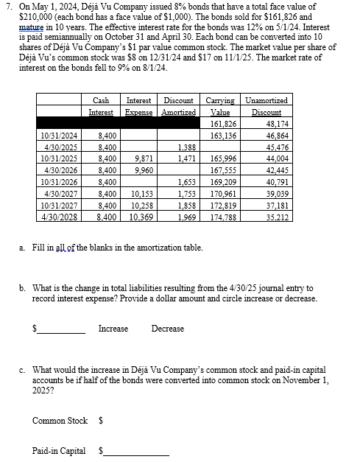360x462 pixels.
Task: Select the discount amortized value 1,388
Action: pos(186,147)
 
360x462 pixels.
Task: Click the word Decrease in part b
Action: pos(168,329)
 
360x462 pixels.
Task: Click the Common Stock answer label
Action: pos(60,421)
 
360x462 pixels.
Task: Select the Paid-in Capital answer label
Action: pos(59,450)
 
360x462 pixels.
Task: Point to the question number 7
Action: pos(7,6)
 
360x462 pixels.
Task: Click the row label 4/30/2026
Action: pos(58,169)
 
